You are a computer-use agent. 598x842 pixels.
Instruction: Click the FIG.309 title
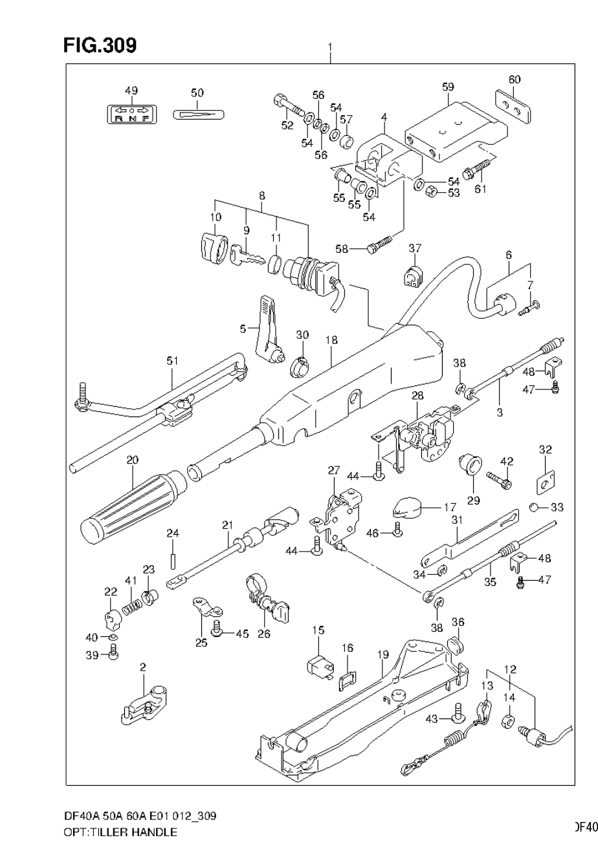point(100,45)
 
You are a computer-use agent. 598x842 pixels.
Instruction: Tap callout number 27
point(333,470)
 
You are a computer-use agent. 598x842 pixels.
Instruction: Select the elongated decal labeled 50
point(199,114)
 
